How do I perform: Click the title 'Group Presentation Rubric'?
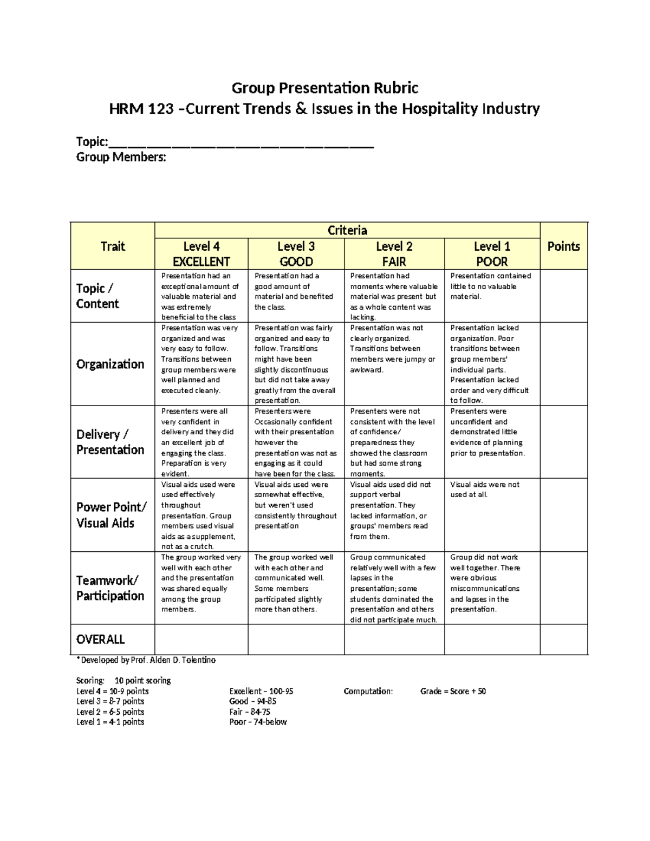325,88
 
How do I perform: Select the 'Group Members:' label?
121,158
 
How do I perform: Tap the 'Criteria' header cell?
347,230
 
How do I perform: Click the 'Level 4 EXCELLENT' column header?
201,254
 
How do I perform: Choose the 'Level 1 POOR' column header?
492,254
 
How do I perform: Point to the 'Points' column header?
563,246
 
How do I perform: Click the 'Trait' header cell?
113,246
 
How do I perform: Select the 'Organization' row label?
110,364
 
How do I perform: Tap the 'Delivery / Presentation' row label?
110,442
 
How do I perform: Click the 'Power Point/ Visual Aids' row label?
111,515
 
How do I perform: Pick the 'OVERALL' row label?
101,640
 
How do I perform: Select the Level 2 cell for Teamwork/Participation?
393,588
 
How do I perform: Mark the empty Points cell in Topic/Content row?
563,296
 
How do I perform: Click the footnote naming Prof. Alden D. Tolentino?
146,660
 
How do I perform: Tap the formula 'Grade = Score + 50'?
453,692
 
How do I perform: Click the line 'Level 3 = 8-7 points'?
110,701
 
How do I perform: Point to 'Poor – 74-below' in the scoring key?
258,722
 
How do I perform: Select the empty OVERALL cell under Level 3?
296,640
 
